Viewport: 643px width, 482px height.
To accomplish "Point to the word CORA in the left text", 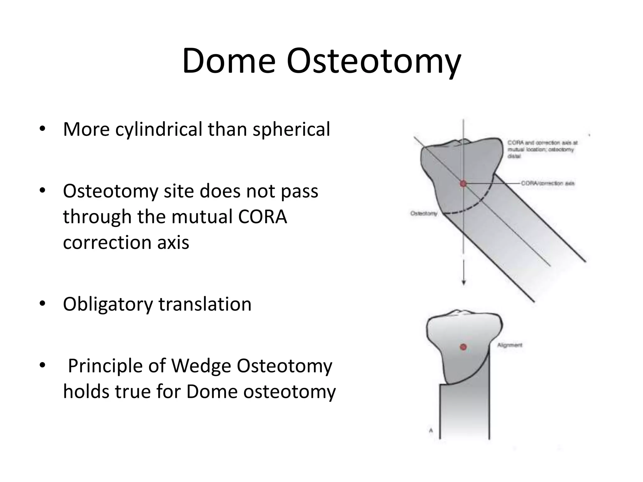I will pyautogui.click(x=262, y=217).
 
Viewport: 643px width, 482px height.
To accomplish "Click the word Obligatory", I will pyautogui.click(x=108, y=304).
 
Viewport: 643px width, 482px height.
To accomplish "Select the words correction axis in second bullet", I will pyautogui.click(x=126, y=243).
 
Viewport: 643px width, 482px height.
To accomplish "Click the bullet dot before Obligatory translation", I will pyautogui.click(x=43, y=304).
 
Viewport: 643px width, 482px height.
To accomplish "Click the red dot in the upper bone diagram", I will pyautogui.click(x=463, y=184).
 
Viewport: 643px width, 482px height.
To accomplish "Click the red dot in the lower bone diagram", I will pyautogui.click(x=463, y=347).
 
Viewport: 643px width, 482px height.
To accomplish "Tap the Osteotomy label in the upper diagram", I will pyautogui.click(x=424, y=213).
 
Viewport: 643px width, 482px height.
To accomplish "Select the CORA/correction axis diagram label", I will pyautogui.click(x=548, y=183).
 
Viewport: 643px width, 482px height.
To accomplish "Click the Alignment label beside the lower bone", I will pyautogui.click(x=510, y=345).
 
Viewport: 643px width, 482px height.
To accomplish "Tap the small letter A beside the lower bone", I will pyautogui.click(x=431, y=430).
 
